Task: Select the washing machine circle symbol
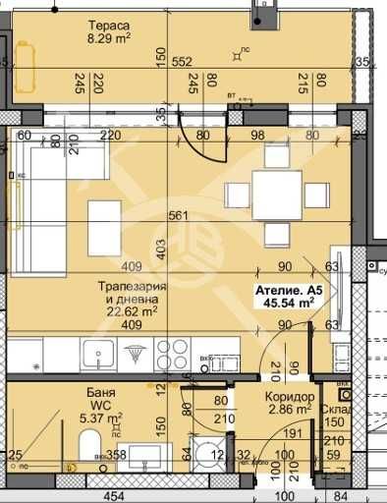coord(207,452)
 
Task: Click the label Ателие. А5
coord(288,291)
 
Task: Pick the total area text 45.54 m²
coord(288,305)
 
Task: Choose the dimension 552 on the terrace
coord(180,60)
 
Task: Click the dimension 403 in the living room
coord(159,252)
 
